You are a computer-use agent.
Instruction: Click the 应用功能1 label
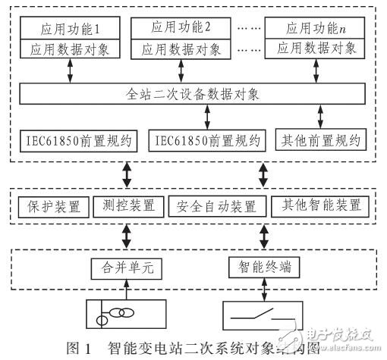point(69,30)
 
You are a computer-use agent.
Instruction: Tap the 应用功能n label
point(315,30)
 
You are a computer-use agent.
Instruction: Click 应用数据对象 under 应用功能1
point(69,49)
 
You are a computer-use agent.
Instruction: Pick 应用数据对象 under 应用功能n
point(315,49)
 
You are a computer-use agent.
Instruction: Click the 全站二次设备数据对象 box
point(193,95)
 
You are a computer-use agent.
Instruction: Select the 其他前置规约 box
point(320,141)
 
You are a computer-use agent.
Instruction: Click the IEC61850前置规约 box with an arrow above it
point(207,141)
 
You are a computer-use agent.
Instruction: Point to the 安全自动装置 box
point(206,205)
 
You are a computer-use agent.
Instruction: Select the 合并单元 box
point(116,267)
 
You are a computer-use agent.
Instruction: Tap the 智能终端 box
point(262,267)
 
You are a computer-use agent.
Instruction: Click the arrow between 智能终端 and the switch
point(262,289)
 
